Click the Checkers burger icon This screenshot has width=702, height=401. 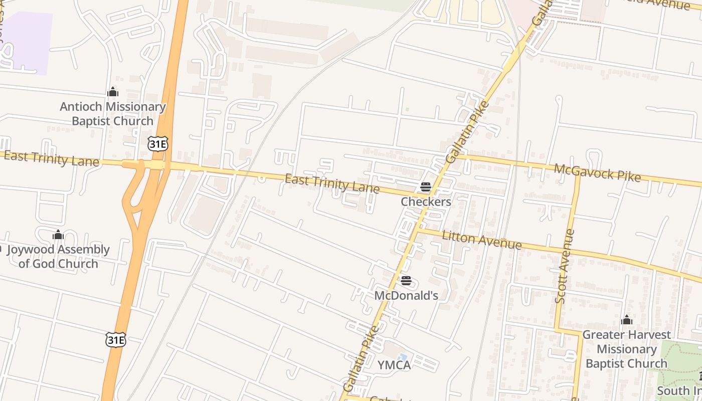click(x=426, y=187)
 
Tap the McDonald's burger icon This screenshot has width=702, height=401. click(x=406, y=281)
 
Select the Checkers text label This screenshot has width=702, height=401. click(x=426, y=202)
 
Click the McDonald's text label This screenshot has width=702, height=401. click(x=406, y=296)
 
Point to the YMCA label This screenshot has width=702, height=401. click(x=394, y=365)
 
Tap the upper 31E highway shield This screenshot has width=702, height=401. click(x=157, y=144)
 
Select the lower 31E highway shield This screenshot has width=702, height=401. click(x=116, y=339)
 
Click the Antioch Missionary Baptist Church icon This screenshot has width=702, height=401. click(x=113, y=92)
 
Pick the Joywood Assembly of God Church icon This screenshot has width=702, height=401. click(x=58, y=235)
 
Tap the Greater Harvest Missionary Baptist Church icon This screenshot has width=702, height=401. click(x=626, y=320)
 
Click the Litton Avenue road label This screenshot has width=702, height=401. click(x=481, y=241)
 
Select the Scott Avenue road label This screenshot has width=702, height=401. click(x=565, y=266)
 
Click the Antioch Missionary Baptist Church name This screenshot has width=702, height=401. click(x=113, y=114)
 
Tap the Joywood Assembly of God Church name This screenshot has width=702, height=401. click(x=58, y=257)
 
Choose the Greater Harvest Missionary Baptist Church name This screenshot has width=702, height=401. click(x=626, y=349)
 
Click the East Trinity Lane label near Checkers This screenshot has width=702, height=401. click(x=332, y=183)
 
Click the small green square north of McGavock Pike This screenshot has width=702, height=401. click(x=407, y=109)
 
